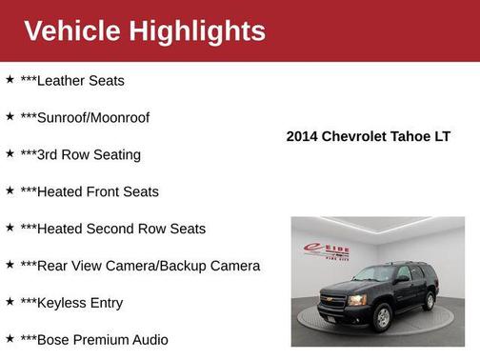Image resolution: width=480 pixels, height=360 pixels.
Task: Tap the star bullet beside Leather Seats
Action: point(10,80)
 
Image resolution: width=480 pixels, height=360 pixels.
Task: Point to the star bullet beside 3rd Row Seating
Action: point(10,154)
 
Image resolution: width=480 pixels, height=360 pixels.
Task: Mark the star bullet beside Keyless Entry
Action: point(10,302)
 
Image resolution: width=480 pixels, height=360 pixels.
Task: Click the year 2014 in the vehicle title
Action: point(303,136)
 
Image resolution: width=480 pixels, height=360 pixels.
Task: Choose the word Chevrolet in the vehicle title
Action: point(355,136)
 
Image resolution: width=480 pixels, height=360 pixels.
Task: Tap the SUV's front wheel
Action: point(382,317)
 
